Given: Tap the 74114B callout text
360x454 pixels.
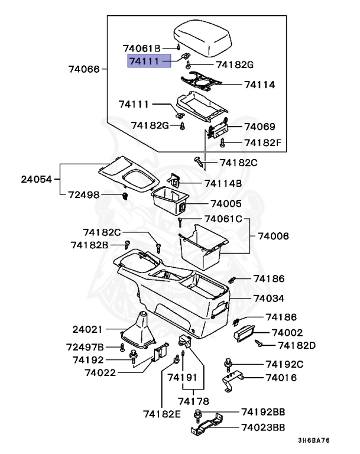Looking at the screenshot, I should pos(223,183).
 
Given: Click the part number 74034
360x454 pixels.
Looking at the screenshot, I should pos(269,299).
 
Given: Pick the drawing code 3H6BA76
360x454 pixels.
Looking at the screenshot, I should pos(313,440).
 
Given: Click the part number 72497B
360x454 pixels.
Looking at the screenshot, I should pos(85,346).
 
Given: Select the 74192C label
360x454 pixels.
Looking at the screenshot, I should pos(284,364).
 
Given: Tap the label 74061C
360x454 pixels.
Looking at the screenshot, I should pos(223,219).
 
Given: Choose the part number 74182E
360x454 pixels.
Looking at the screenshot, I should pos(162,413).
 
